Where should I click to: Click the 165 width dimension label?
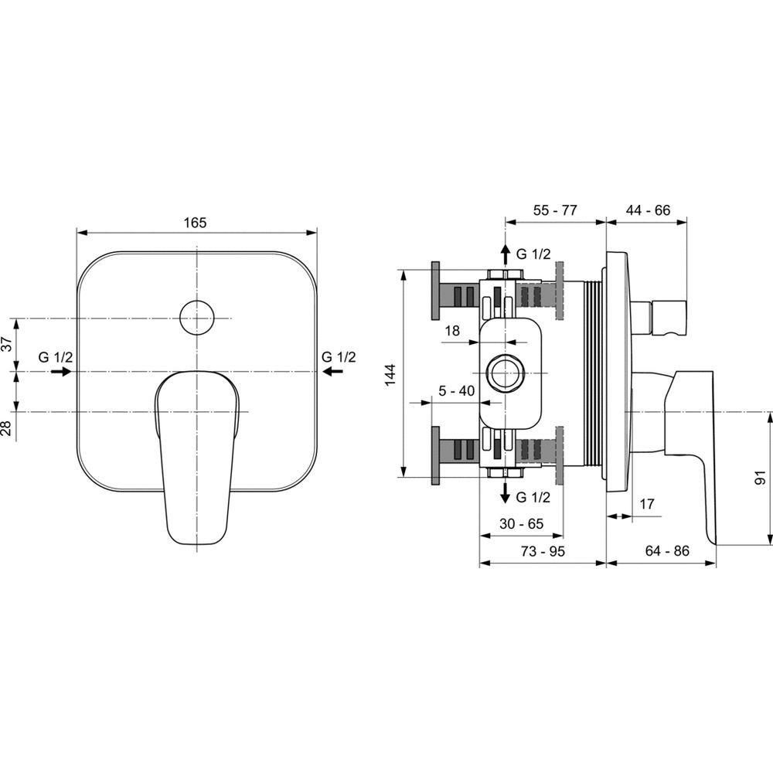(196, 223)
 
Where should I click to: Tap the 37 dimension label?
(6, 344)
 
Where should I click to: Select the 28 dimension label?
(6, 428)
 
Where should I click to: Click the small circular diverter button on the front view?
(196, 318)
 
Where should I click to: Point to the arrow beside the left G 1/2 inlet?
(61, 371)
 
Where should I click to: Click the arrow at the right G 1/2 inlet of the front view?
(332, 371)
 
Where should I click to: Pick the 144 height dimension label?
(390, 375)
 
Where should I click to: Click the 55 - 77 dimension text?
(554, 210)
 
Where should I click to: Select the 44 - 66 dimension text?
(648, 210)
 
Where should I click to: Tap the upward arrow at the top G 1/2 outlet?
(505, 254)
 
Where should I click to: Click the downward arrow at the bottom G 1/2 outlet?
(505, 492)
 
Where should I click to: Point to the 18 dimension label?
(452, 330)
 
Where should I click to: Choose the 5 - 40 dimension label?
(457, 391)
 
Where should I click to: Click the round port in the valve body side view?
(504, 373)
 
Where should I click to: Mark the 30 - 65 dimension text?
(521, 523)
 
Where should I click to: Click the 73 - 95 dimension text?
(543, 550)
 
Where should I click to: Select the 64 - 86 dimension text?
(667, 550)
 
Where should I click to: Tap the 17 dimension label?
(646, 504)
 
